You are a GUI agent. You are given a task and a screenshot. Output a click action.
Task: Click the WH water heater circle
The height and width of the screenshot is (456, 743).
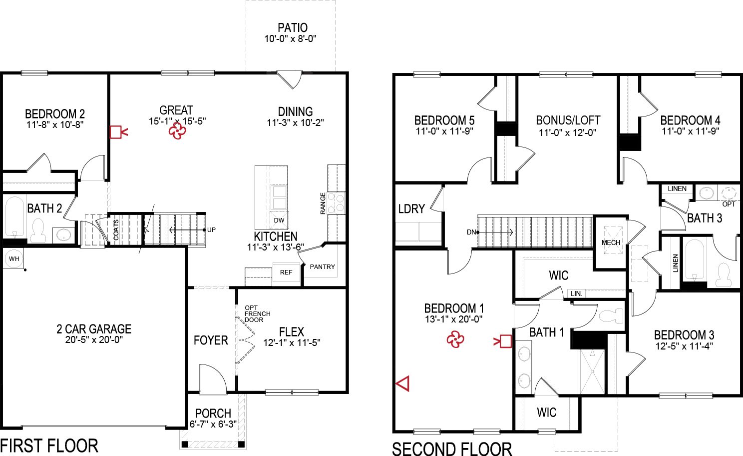[x=14, y=258]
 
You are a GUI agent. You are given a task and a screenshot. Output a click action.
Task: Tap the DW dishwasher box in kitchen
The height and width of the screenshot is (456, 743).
[x=279, y=220]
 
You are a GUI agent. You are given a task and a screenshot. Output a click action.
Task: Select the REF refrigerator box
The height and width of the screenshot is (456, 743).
[x=286, y=272]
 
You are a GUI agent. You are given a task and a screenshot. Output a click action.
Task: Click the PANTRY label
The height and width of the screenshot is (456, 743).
[x=322, y=266]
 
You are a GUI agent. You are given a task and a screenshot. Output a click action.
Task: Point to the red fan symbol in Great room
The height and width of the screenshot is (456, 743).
[x=177, y=131]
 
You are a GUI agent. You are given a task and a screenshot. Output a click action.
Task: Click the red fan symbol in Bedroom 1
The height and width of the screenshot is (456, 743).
[x=455, y=340]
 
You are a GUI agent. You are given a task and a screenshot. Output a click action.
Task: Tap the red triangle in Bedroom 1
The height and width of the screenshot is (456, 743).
[x=403, y=383]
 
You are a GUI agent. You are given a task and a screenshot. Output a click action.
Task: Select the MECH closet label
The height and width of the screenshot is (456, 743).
[x=611, y=242]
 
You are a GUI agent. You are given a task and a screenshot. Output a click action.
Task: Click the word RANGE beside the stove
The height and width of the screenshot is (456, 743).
[x=323, y=203]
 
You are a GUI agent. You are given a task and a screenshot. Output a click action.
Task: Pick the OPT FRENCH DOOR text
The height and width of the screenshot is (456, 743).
[x=257, y=313]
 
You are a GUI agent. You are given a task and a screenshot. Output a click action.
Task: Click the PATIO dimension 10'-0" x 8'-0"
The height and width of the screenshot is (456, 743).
[x=291, y=38]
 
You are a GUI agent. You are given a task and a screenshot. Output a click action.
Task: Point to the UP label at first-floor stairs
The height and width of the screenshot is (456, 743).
[x=211, y=230]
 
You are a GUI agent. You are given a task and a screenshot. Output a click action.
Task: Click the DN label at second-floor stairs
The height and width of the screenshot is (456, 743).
[x=471, y=232]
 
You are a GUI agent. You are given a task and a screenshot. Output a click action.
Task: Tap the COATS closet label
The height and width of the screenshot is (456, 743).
[x=116, y=230]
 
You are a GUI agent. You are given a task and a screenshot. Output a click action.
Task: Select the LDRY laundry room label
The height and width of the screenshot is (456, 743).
[x=411, y=209]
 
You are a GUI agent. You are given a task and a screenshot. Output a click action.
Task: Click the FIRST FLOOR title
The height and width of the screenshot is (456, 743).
[x=49, y=445]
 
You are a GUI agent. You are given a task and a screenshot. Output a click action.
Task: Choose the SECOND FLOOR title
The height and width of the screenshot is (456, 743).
[x=452, y=448]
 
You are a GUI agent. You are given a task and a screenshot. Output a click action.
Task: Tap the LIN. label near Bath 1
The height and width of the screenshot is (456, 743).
[x=576, y=293]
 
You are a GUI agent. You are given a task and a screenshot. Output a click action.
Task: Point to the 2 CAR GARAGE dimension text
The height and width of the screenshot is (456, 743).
[x=94, y=339]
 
